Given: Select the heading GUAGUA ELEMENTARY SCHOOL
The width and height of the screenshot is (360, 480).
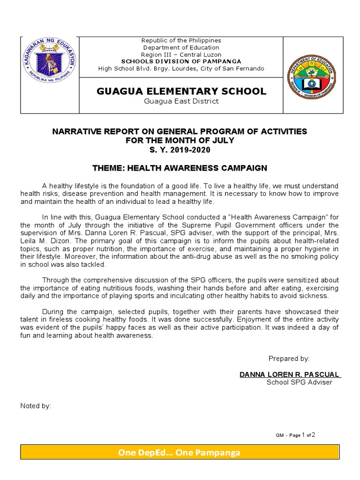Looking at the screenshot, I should coord(181,91).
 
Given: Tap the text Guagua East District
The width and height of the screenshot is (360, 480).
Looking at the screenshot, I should coord(181,101).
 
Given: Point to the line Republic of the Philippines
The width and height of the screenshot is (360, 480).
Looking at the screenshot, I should coord(181,41).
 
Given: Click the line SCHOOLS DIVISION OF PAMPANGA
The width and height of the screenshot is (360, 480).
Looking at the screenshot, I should coord(181,61).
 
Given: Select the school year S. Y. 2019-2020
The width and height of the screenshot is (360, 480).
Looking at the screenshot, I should coord(180,150).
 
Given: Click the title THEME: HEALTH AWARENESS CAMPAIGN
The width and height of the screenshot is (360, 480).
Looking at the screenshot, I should coord(180,168).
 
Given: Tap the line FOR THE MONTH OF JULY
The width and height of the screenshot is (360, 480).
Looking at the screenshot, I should coord(180,141).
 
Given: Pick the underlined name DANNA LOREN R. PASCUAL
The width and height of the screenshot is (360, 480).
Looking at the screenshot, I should coord(290,375).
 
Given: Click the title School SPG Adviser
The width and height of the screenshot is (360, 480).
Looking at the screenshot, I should coord(299,382).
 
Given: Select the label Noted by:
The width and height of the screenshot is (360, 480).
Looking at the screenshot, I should coord(36,406).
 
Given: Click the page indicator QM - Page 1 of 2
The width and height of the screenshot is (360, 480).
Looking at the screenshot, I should coord(295,435).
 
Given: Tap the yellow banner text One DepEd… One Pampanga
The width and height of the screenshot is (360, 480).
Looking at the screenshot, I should coord(180,453).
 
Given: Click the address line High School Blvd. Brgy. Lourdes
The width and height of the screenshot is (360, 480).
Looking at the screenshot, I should coord(181,68).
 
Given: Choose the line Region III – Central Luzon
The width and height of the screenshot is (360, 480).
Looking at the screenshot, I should coord(181,54).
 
